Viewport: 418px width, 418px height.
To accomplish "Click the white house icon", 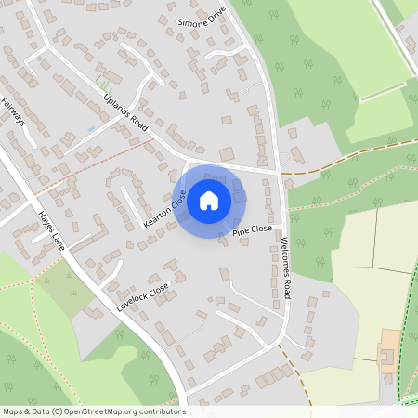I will click(209, 199).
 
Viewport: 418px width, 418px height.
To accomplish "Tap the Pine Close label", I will click(252, 229).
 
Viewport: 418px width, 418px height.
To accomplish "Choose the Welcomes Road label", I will click(285, 268).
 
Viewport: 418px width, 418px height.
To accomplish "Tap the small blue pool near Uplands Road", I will click(91, 127).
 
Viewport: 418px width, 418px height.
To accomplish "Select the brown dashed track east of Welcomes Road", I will click(334, 167).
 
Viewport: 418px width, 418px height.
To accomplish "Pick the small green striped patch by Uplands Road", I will click(102, 85).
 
